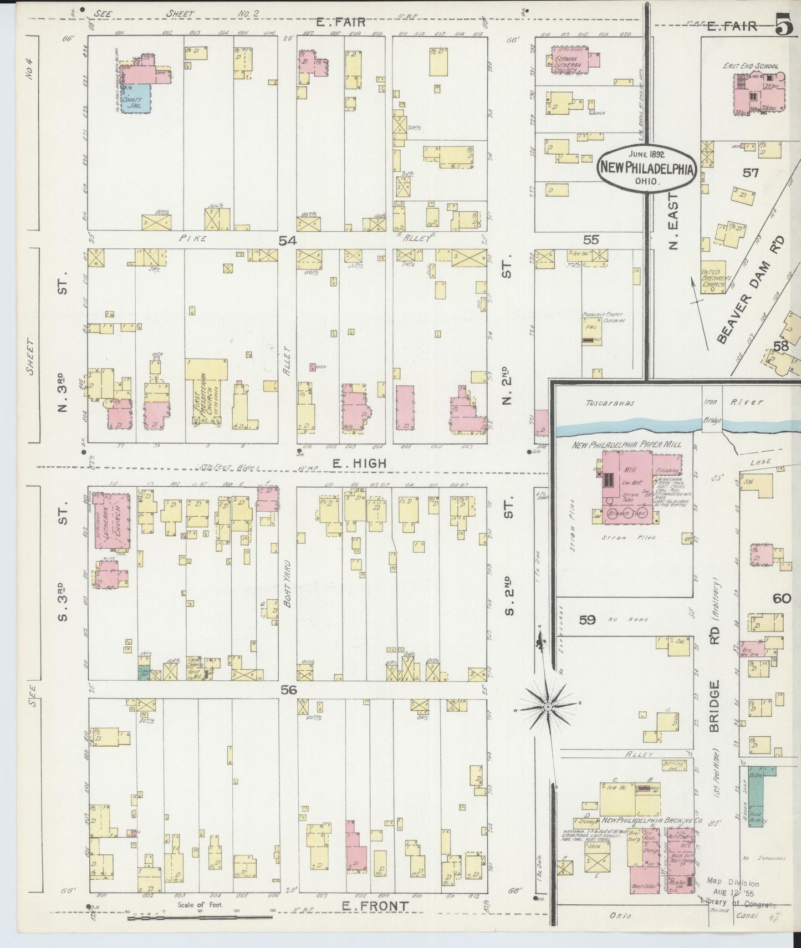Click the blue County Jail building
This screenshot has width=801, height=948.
coord(136,98)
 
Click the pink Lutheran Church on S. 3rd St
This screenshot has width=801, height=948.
coord(112,521)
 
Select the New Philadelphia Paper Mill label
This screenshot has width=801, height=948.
coord(626,444)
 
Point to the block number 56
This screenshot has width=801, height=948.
coord(289,690)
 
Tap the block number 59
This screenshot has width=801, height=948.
coord(587,619)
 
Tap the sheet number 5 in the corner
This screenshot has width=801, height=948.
coord(783,28)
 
